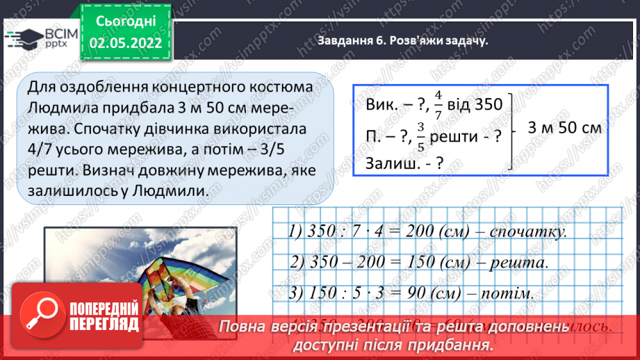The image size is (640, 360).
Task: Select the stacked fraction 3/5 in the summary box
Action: [x=420, y=136]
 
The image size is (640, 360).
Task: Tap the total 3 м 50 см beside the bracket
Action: [x=564, y=129]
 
